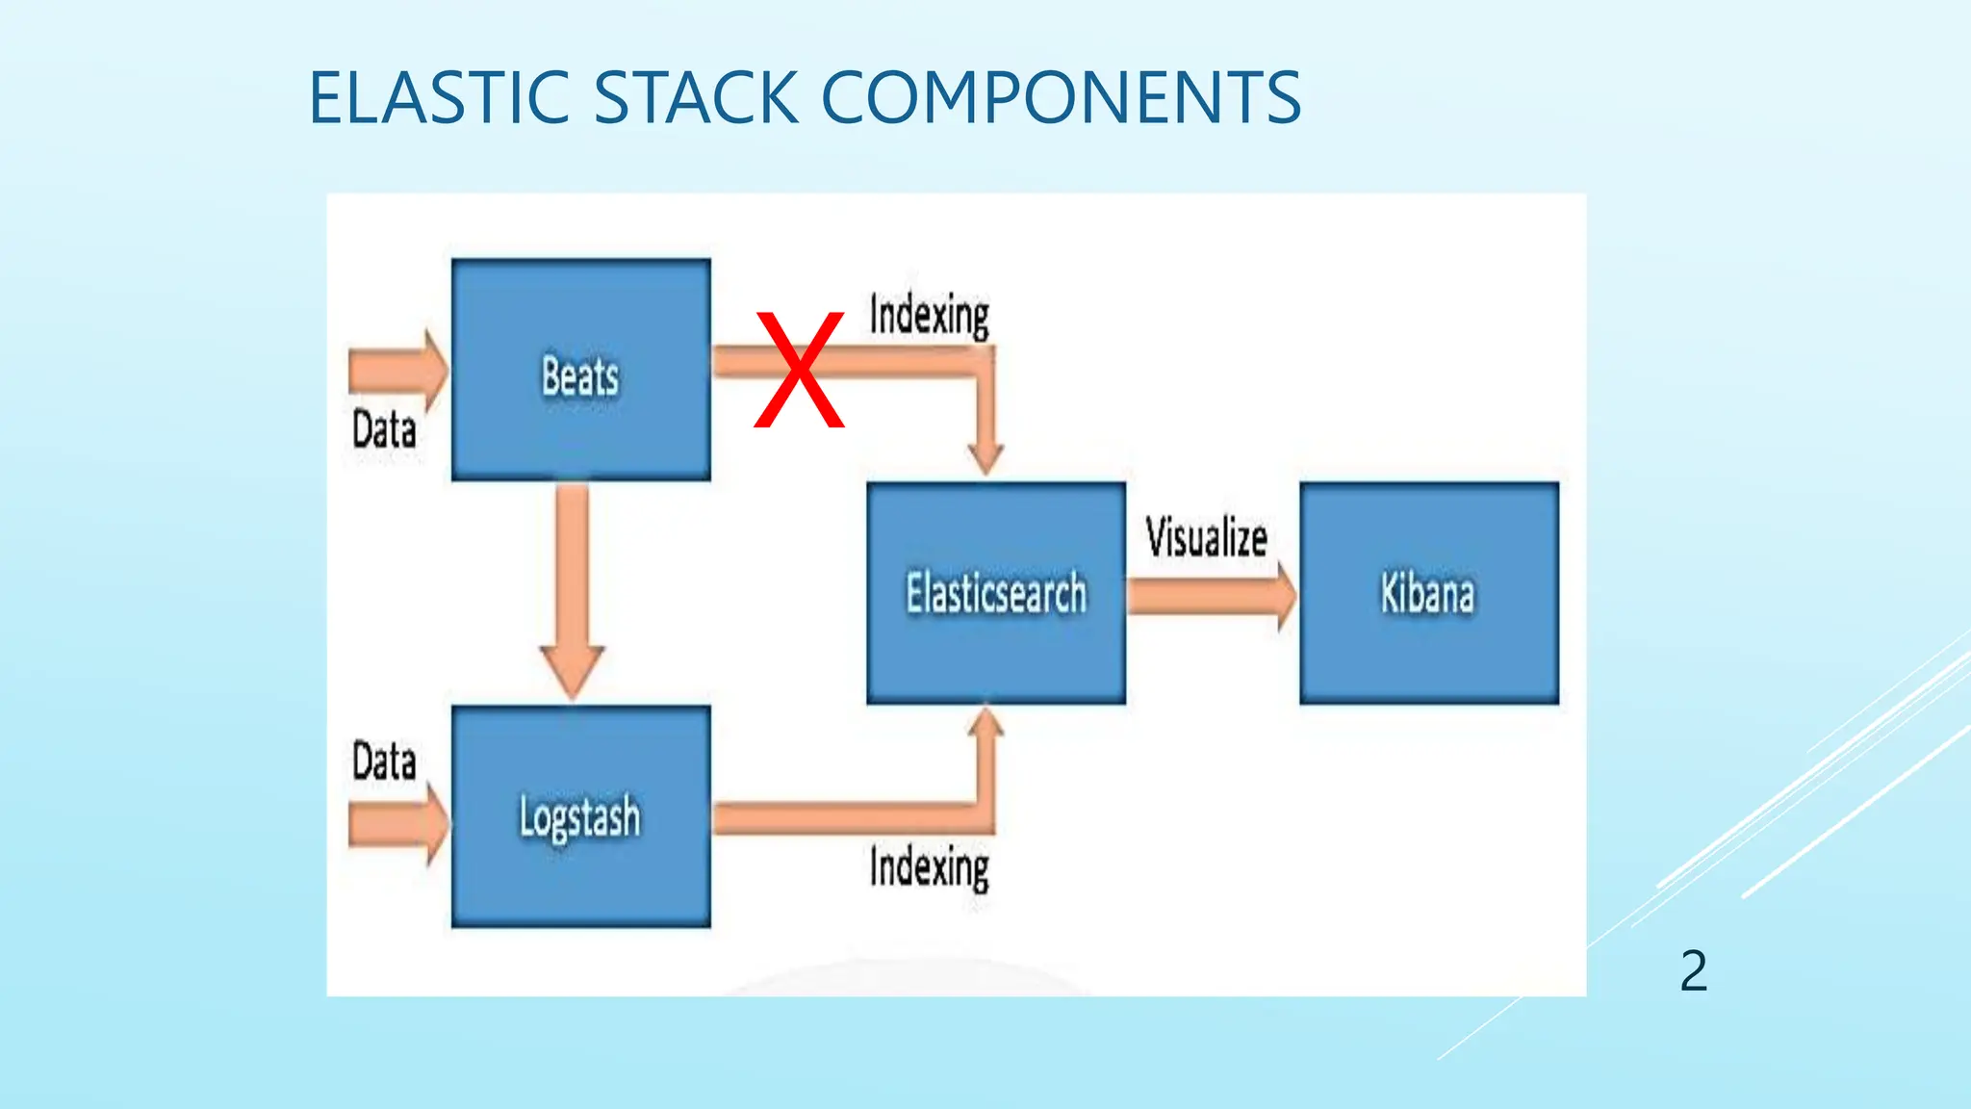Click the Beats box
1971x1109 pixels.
tap(580, 370)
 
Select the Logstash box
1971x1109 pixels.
tap(580, 816)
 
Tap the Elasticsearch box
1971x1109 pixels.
tap(996, 593)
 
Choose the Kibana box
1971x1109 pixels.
tap(1429, 593)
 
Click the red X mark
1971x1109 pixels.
tap(799, 370)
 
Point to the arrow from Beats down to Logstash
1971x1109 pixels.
tap(573, 587)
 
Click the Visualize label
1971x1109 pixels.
tap(1206, 537)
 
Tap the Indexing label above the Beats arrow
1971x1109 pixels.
tap(929, 315)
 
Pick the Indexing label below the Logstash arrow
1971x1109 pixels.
tap(929, 867)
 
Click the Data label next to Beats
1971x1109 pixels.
tap(384, 429)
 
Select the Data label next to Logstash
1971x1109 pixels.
tap(384, 761)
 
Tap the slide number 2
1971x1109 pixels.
tap(1694, 970)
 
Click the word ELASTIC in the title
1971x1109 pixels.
tap(440, 98)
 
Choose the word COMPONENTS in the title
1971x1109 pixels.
tap(1062, 98)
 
